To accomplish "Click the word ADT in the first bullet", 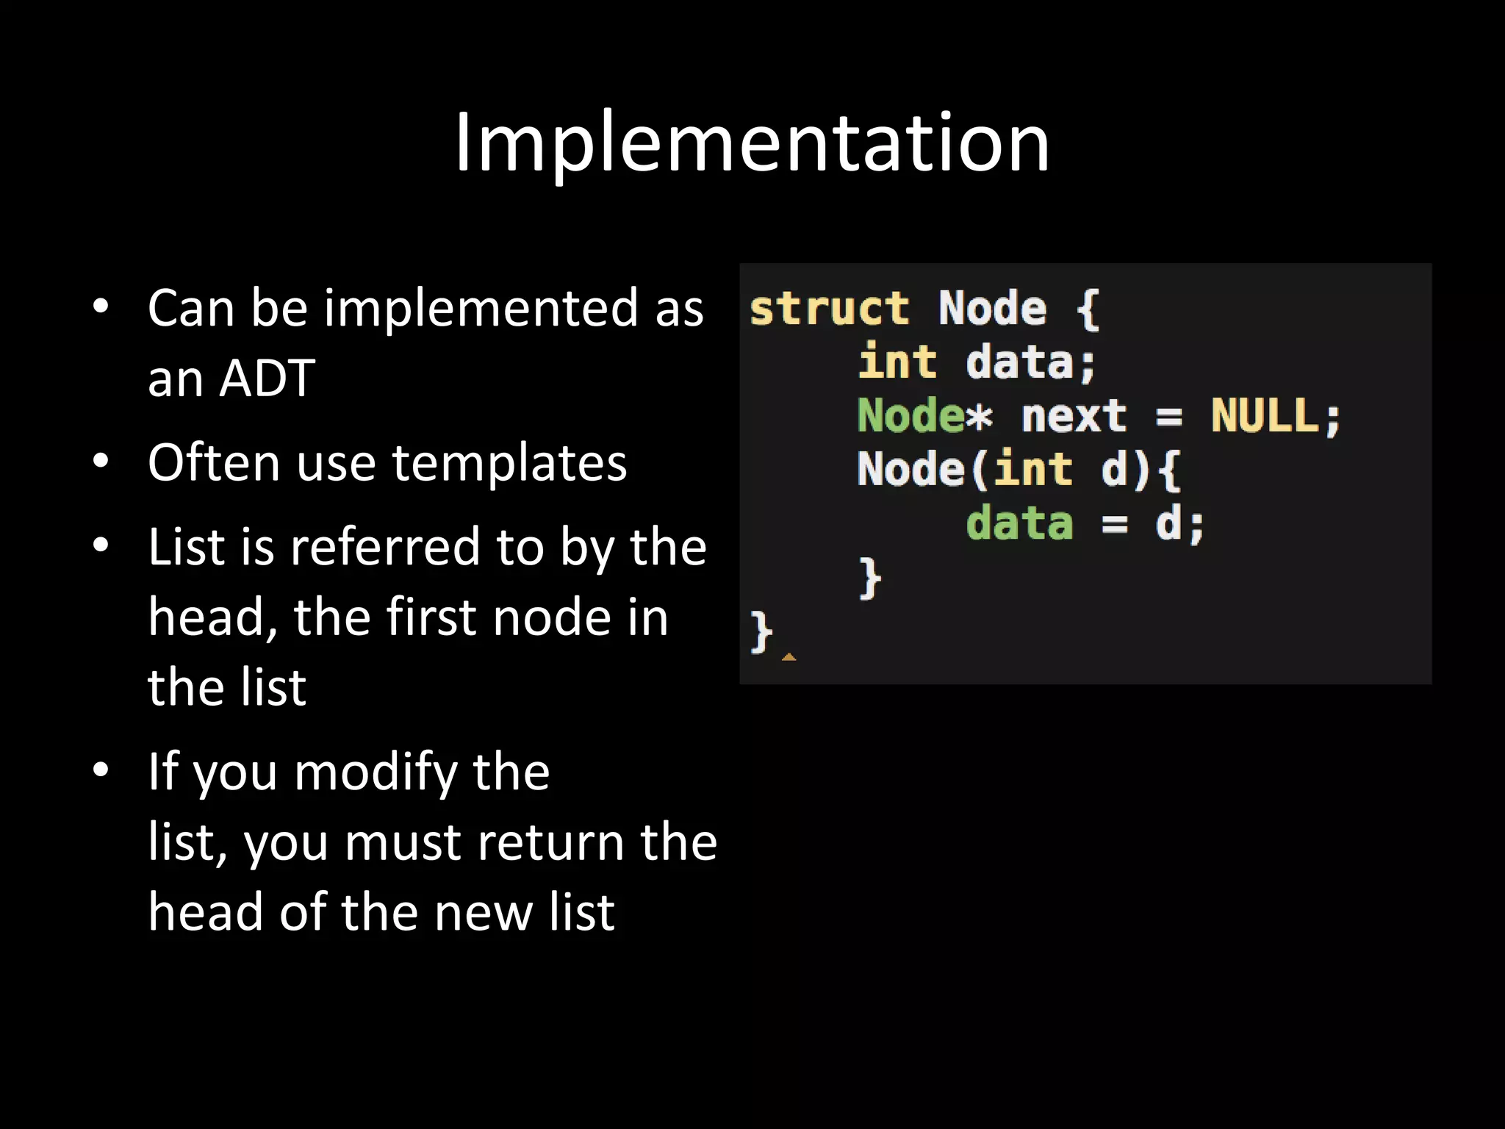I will pyautogui.click(x=267, y=379).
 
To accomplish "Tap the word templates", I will pyautogui.click(x=509, y=463).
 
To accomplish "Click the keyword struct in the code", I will pyautogui.click(x=829, y=309).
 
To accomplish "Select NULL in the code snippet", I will pyautogui.click(x=1265, y=416).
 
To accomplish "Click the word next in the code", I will pyautogui.click(x=1074, y=417).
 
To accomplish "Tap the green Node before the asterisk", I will pyautogui.click(x=910, y=416).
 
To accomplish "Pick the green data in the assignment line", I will pyautogui.click(x=1019, y=524).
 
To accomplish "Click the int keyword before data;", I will pyautogui.click(x=897, y=362).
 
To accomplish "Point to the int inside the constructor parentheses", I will pyautogui.click(x=1032, y=470).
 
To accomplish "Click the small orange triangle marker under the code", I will pyautogui.click(x=789, y=657).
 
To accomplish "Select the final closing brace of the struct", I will pyautogui.click(x=761, y=632).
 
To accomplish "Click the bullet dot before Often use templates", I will pyautogui.click(x=101, y=462).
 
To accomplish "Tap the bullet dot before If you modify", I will pyautogui.click(x=101, y=770).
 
